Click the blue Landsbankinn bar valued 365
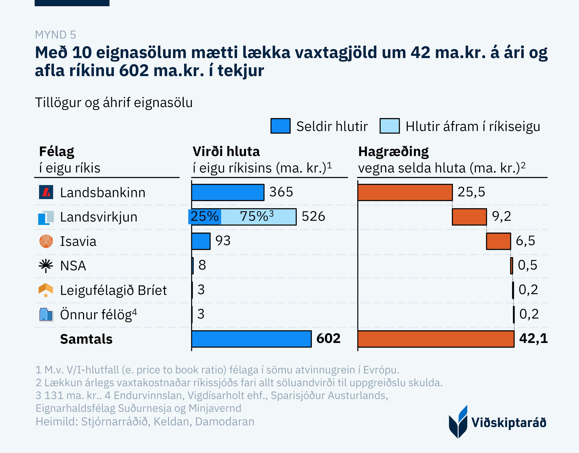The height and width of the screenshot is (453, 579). coord(228,192)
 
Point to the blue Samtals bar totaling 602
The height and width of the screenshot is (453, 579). coord(251,339)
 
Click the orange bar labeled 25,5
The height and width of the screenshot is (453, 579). coord(405,192)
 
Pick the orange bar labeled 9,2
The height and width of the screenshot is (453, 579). coord(469,217)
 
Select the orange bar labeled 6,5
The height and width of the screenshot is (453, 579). coord(498,241)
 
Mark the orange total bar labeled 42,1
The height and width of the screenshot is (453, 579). coord(436,339)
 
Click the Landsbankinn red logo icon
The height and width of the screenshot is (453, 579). coord(46,192)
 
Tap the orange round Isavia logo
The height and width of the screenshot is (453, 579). coord(46,241)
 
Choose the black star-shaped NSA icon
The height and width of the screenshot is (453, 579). coord(46,266)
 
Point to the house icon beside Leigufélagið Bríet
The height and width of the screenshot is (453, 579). coord(46,290)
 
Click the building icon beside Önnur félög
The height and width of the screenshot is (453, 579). coord(46,315)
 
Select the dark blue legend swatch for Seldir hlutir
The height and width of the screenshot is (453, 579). coord(280,126)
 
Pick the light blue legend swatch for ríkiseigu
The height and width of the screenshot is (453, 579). coord(389,126)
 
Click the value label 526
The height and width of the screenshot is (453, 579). coord(313,216)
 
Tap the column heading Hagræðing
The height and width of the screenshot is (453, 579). coord(393,152)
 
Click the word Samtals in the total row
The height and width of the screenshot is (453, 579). coord(86,339)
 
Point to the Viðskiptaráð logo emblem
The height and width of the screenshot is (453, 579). coord(458,422)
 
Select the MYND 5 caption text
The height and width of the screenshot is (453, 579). coord(55,35)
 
